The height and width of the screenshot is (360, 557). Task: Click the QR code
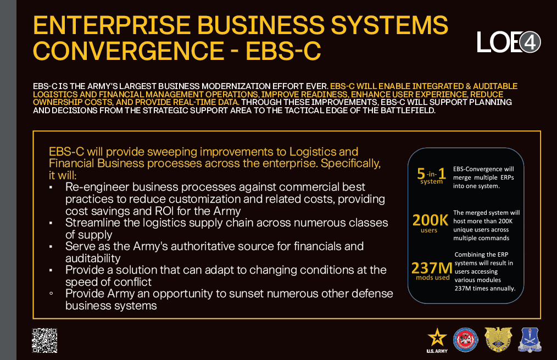44,340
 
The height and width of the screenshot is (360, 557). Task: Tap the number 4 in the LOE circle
530,42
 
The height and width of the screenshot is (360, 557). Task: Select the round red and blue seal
465,340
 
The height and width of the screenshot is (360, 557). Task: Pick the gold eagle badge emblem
498,339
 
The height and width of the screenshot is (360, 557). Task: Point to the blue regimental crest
530,340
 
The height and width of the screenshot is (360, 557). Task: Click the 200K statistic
430,220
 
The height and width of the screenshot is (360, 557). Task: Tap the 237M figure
432,268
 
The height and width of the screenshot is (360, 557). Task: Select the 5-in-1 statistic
431,174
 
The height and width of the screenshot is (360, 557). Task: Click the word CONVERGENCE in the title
129,51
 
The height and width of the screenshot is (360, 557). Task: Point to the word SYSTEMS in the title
389,25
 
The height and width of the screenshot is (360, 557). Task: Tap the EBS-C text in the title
283,51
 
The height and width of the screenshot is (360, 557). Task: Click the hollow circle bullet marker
51,293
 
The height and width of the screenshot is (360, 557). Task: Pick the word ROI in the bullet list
164,211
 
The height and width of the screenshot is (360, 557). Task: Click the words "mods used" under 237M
433,278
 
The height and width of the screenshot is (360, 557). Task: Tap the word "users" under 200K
429,230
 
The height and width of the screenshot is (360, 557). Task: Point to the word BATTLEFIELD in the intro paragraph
408,110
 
